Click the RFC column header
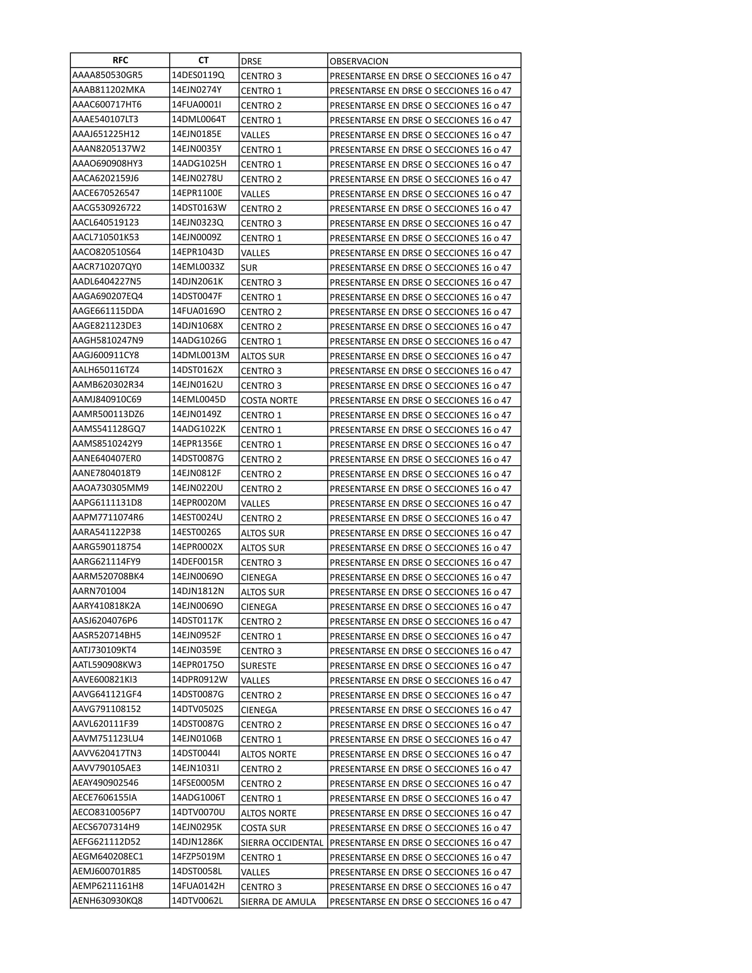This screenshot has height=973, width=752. pyautogui.click(x=120, y=61)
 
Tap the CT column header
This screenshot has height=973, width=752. pyautogui.click(x=203, y=61)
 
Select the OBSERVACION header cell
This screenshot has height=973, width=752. pyautogui.click(x=359, y=61)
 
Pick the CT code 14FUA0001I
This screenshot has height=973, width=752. pyautogui.click(x=196, y=105)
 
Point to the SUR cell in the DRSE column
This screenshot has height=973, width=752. pyautogui.click(x=249, y=268)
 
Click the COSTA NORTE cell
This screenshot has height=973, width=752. pyautogui.click(x=269, y=401)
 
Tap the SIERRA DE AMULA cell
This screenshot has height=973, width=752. pyautogui.click(x=278, y=902)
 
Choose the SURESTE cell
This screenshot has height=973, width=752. pyautogui.click(x=259, y=666)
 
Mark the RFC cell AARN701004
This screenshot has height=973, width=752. pyautogui.click(x=100, y=591)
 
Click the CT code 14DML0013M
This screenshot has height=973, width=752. pyautogui.click(x=200, y=355)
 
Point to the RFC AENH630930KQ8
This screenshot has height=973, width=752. pyautogui.click(x=108, y=901)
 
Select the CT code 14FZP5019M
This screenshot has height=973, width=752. pyautogui.click(x=198, y=857)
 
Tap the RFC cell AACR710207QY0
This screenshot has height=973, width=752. pyautogui.click(x=107, y=267)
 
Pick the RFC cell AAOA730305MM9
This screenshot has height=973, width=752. pyautogui.click(x=111, y=488)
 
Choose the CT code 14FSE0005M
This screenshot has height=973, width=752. pyautogui.click(x=198, y=783)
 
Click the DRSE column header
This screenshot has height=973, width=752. pyautogui.click(x=251, y=61)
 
